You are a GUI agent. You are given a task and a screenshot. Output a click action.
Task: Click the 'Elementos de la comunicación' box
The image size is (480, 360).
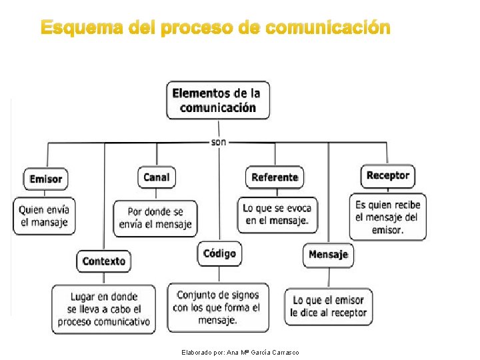218,100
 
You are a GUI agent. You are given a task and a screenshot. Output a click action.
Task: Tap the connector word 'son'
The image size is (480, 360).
218,142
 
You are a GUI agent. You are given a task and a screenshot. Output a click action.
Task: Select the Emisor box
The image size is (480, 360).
46,179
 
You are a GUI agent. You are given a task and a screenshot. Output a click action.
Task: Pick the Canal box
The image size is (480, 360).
157,177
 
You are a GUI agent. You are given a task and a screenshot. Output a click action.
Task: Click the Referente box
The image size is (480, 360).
275,177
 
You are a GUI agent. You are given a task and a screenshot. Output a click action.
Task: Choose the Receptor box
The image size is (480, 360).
387,175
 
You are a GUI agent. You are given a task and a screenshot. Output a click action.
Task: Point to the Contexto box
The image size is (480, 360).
103,261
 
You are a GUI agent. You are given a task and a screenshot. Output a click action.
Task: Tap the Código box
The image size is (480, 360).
219,253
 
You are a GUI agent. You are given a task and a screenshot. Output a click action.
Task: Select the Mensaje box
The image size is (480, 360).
328,255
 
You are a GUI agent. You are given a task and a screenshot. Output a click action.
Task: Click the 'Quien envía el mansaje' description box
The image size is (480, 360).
44,215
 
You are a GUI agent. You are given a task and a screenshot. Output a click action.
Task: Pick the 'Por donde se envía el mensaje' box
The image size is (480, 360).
155,218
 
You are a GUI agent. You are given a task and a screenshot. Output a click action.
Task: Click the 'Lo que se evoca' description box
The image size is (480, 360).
277,214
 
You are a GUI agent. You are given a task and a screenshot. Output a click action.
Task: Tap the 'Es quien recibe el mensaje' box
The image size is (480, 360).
387,217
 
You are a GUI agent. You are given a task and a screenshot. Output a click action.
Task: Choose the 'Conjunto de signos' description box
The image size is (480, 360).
217,307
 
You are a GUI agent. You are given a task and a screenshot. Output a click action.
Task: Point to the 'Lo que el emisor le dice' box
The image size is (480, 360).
328,307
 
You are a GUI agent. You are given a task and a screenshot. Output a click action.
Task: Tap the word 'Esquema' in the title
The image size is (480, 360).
79,29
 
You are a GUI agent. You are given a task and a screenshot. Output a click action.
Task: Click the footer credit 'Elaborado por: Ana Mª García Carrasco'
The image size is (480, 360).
240,352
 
